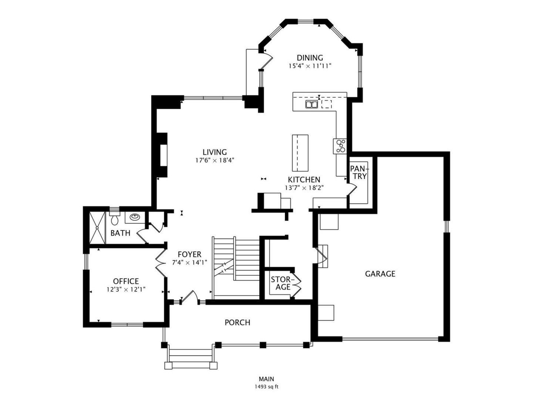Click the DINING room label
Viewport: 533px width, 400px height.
coord(310,58)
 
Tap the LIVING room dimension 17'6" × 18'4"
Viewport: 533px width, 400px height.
coord(215,160)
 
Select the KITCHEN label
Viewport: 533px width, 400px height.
coord(304,180)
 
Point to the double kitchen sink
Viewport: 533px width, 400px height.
coord(311,104)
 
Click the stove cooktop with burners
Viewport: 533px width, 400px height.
coord(340,146)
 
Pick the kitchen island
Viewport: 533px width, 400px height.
coord(300,153)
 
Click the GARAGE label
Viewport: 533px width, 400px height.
coord(380,274)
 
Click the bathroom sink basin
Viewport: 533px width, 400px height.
coord(134,217)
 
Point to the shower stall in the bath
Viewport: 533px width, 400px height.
coord(97,227)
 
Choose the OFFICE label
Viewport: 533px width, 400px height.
coord(126,281)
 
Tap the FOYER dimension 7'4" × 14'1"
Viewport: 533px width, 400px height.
coord(189,262)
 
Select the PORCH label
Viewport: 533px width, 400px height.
coord(237,323)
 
